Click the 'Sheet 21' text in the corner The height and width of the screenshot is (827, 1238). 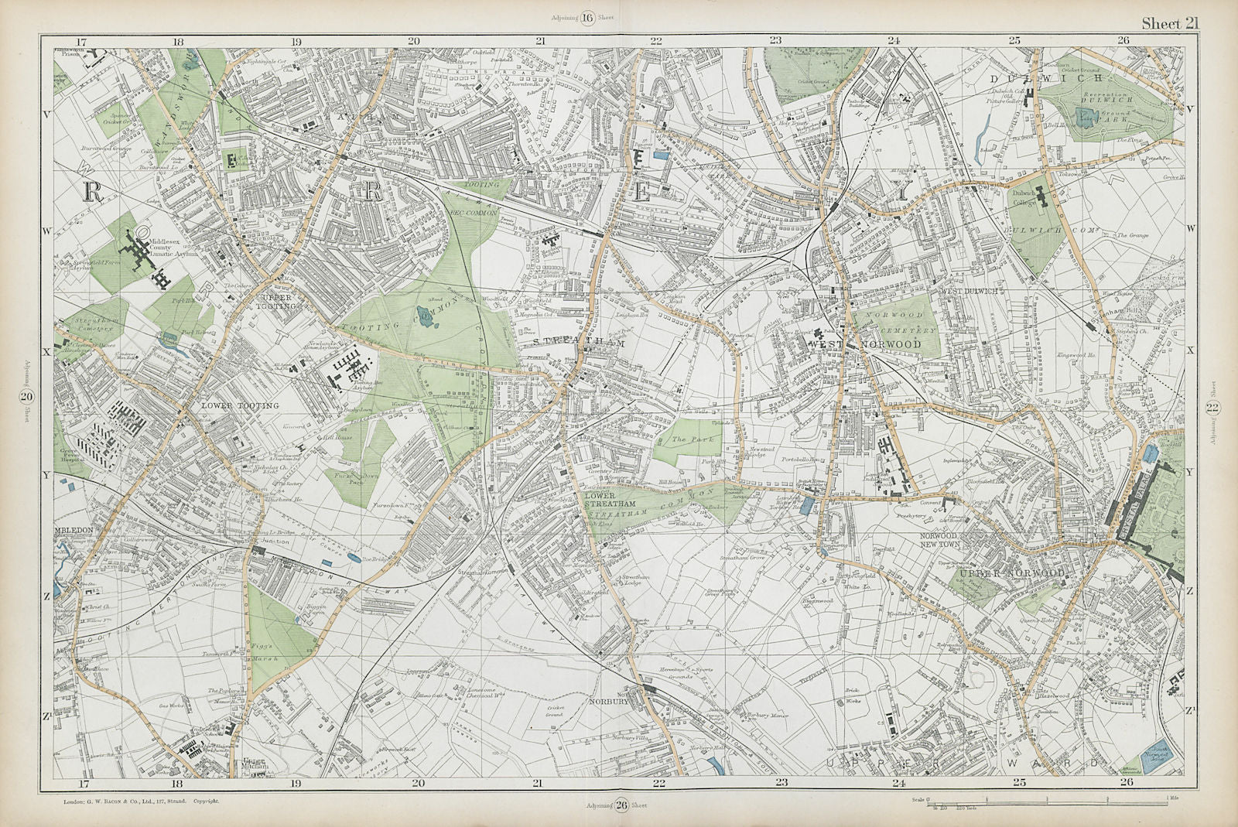pyautogui.click(x=1171, y=23)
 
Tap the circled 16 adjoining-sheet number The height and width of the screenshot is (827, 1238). pyautogui.click(x=588, y=19)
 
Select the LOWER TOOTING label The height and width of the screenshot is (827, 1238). pyautogui.click(x=228, y=405)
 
